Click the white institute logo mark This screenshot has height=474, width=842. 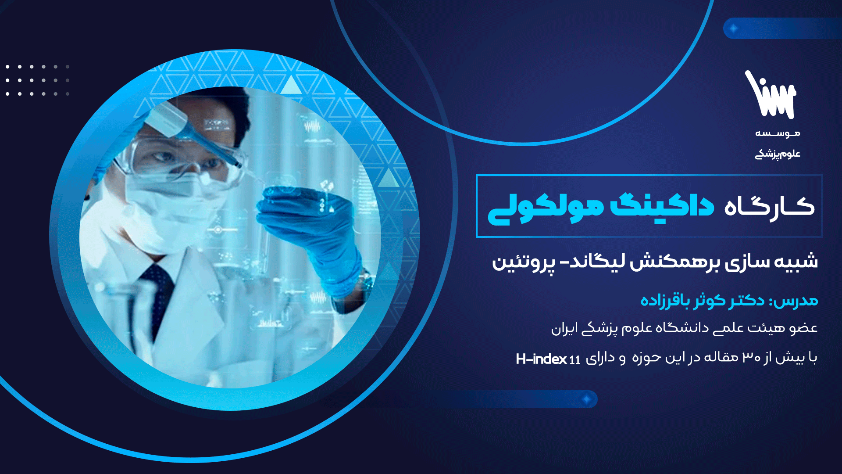click(771, 95)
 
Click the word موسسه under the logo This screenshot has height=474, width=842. click(778, 133)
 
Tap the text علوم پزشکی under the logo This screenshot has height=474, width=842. click(778, 154)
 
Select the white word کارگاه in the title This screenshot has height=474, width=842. click(769, 206)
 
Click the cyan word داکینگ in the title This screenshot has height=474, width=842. click(662, 206)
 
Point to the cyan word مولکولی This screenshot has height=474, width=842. click(546, 208)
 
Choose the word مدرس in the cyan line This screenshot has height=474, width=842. click(795, 301)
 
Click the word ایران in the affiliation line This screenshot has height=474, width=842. click(563, 329)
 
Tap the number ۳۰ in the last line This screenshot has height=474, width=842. click(751, 357)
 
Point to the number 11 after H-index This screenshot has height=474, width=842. click(575, 360)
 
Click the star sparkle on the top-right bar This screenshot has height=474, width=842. click(733, 29)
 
